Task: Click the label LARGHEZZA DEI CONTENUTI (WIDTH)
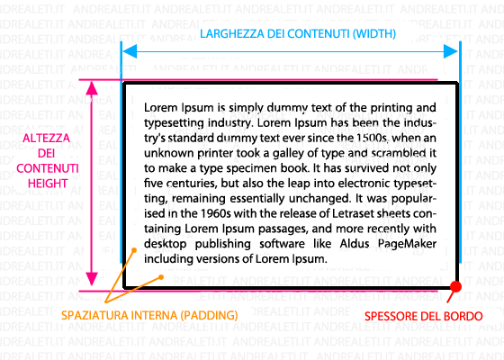click(x=298, y=34)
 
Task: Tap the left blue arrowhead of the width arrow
click(x=130, y=51)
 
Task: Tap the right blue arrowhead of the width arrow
click(x=450, y=51)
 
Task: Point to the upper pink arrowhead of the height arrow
click(x=92, y=88)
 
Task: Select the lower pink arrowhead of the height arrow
click(x=92, y=279)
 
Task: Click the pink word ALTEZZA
click(x=46, y=139)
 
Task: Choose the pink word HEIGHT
click(x=48, y=184)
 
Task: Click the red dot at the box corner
click(x=455, y=286)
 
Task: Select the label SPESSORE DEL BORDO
click(x=423, y=316)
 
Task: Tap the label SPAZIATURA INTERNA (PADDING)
click(x=149, y=315)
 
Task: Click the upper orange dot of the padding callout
click(x=134, y=250)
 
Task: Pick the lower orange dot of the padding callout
click(x=161, y=277)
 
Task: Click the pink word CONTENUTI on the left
click(x=48, y=168)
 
